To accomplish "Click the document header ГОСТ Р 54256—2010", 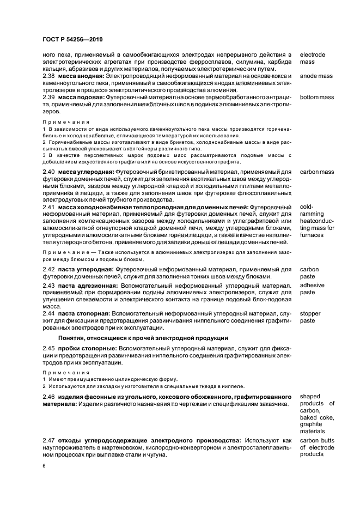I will tap(72, 39).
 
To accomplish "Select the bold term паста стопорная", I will tap(84, 313).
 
